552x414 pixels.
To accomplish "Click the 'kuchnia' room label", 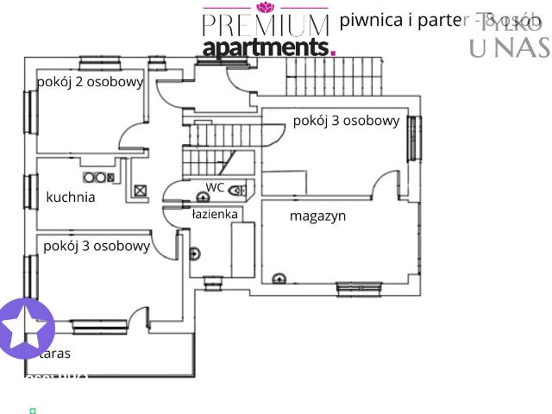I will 71,198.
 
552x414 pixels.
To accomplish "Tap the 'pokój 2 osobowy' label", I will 90,82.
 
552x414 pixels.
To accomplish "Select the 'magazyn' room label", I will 317,216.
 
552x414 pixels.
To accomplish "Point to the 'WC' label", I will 215,186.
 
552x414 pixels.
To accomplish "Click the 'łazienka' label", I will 214,214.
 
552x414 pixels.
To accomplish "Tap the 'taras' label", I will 54,353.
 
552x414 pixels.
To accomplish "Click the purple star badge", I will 26,329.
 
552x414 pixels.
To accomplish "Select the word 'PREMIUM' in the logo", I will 266,24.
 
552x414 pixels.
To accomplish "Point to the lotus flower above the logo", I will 265,7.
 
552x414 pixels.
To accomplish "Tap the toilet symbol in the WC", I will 236,190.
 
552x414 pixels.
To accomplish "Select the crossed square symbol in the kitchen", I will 140,191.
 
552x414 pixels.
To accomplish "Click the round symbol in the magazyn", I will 278,279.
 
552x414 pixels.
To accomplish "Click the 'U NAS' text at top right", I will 509,48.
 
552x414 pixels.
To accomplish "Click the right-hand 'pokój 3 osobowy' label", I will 346,121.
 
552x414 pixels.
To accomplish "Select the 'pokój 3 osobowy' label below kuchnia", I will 97,246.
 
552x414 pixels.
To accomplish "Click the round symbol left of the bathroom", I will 194,253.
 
